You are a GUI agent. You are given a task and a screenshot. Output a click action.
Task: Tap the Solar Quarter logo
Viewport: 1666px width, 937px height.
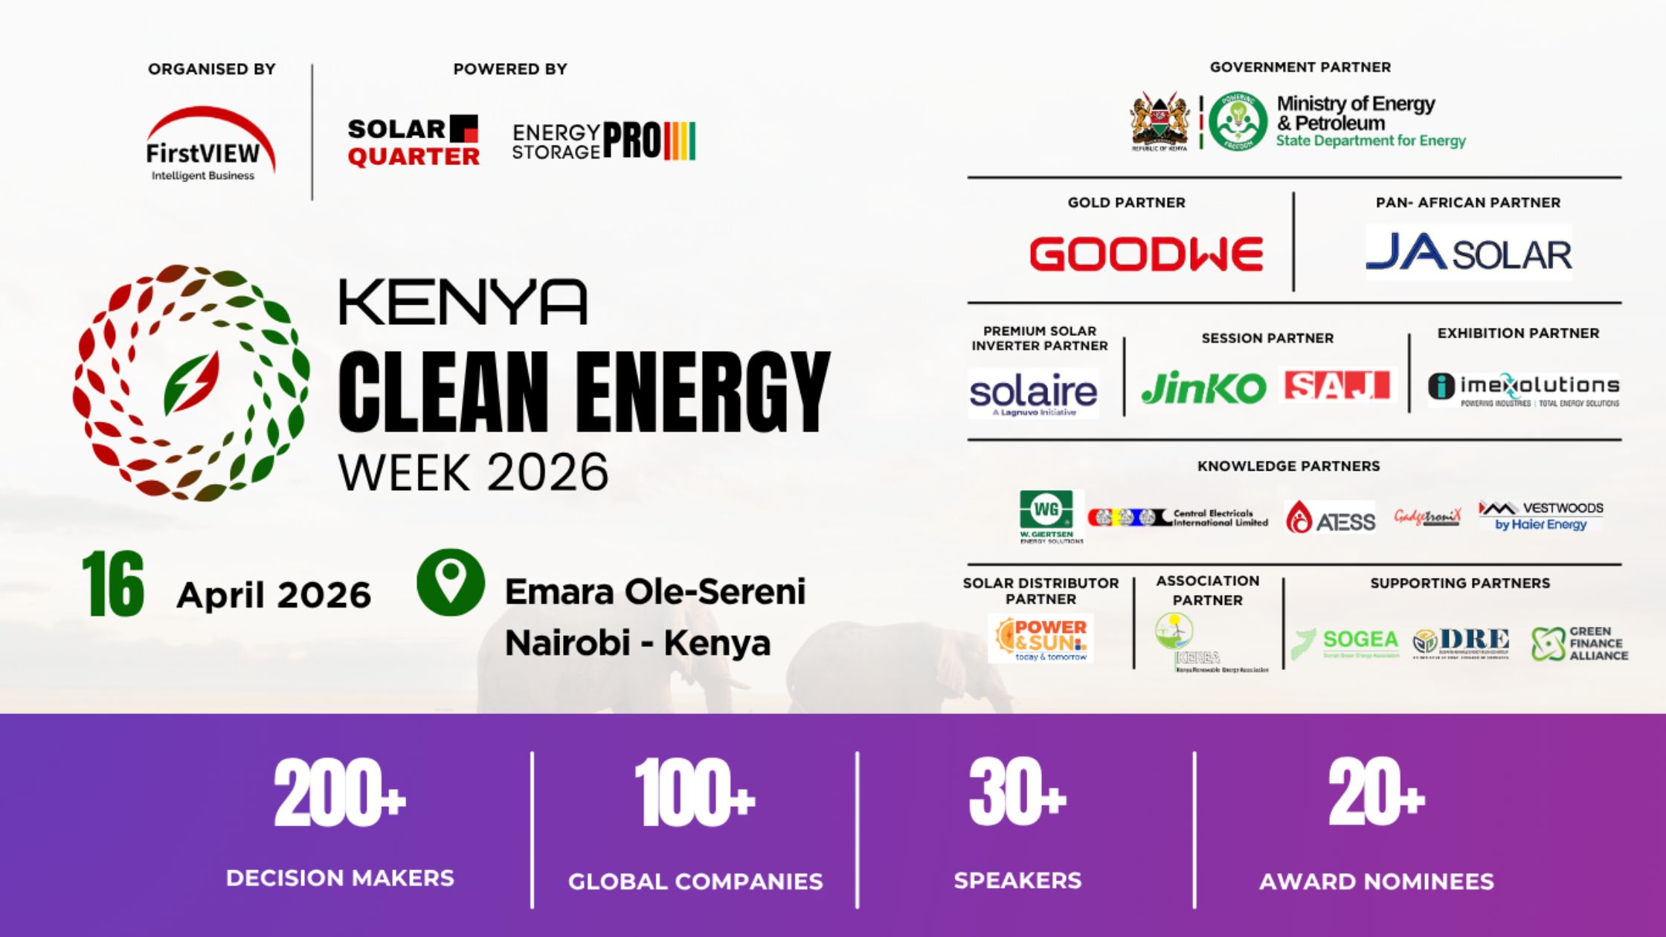[x=414, y=142]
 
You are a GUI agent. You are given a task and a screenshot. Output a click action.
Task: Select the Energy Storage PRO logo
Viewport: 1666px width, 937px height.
[x=603, y=141]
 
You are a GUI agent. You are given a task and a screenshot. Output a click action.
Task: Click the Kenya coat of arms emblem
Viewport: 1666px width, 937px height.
[x=1160, y=121]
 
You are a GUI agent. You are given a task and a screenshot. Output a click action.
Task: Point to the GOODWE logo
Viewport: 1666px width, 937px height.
[x=1146, y=254]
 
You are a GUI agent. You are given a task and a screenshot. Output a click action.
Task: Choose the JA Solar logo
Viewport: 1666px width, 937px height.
[x=1469, y=254]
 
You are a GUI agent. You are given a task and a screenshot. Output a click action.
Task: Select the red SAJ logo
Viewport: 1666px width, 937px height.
[x=1337, y=386]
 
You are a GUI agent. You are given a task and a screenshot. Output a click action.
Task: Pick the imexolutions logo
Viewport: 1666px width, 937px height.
[x=1523, y=389]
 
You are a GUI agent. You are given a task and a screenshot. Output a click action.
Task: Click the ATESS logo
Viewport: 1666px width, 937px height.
[x=1331, y=518]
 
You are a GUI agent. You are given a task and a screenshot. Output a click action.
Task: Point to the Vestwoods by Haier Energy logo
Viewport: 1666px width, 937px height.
[x=1541, y=515]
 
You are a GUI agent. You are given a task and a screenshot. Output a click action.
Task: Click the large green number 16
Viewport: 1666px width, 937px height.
[x=113, y=585]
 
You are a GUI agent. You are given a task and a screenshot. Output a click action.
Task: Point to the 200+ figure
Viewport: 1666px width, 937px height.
[x=340, y=794]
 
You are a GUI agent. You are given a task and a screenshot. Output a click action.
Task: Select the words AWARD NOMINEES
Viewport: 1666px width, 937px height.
[x=1376, y=882]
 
